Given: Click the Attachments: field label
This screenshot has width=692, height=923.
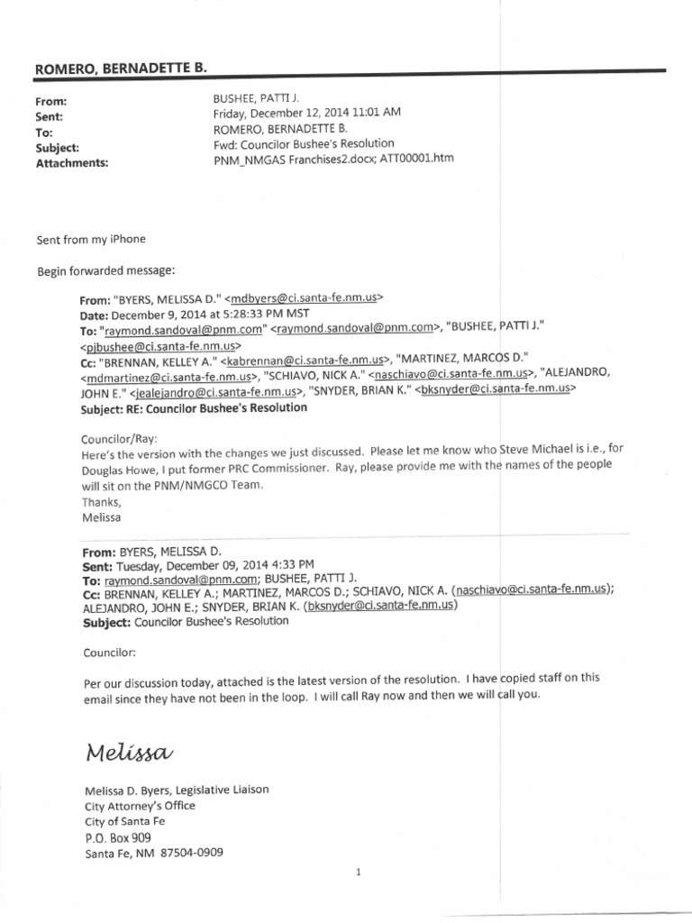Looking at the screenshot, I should [72, 163].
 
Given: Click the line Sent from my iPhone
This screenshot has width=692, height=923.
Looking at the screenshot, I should [91, 240].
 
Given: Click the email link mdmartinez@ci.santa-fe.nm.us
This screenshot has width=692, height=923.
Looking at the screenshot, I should [168, 378].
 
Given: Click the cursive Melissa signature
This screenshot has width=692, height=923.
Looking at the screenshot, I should [129, 752].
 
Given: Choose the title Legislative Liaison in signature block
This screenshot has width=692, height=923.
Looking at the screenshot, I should [214, 790].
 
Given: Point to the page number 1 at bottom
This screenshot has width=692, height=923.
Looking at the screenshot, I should [359, 872].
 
